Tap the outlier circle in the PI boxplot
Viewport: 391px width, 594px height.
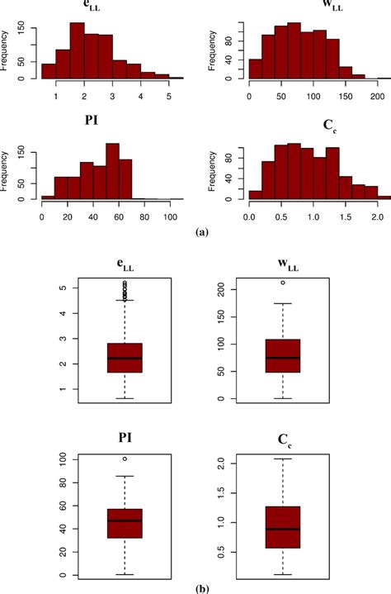point(125,459)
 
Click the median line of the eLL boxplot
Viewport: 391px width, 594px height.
point(125,358)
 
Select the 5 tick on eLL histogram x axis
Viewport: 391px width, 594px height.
point(169,96)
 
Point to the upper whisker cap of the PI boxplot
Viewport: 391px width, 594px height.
point(125,476)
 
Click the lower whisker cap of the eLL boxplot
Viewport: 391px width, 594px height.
point(125,398)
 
